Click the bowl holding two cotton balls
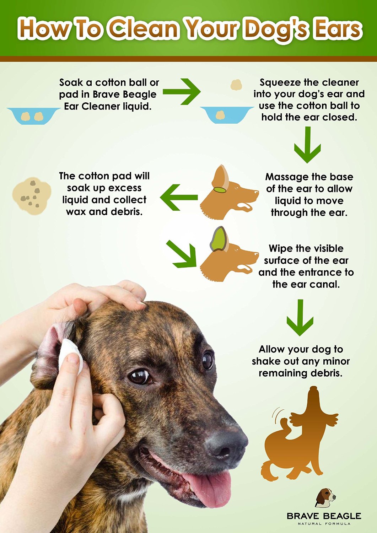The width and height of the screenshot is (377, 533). click(33, 115)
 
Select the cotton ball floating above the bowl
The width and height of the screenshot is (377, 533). click(236, 85)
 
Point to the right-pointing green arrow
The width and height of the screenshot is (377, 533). click(182, 92)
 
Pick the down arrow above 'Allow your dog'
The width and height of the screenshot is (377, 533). click(300, 317)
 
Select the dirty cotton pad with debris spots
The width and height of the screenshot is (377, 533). click(31, 196)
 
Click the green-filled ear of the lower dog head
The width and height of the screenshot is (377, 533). click(219, 239)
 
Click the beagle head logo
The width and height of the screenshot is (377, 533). click(325, 497)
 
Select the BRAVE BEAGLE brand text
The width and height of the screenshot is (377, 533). click(324, 516)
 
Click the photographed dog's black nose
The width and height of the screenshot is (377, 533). click(226, 444)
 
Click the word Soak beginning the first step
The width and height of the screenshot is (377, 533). click(71, 82)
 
